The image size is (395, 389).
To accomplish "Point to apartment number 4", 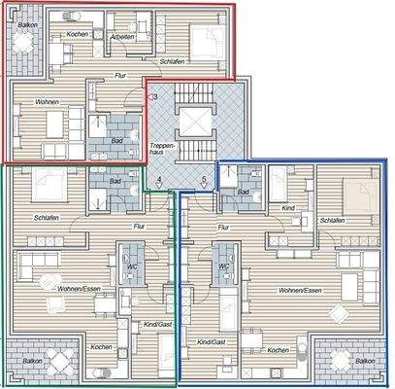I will pos(158,180).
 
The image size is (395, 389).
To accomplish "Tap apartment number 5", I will pos(203,180).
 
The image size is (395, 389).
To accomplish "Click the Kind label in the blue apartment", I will pos(288,208).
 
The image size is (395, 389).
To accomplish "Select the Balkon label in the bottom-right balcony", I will pos(365,360).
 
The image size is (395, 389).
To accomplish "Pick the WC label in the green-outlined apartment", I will pos(127,265).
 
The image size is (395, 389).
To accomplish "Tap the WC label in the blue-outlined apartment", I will pos(223,265).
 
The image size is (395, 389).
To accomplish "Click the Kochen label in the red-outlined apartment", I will pos(78,35).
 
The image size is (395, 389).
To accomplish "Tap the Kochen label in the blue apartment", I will pos(277,350).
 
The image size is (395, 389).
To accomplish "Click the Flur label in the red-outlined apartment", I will pos(120,75).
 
